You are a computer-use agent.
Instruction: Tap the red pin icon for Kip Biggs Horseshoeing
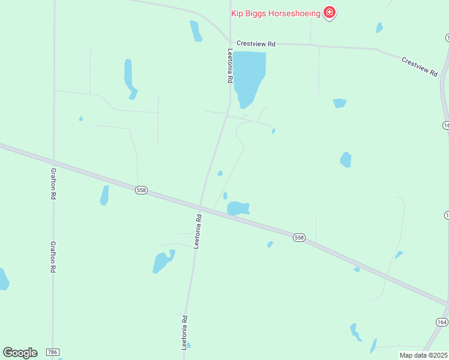[x=329, y=12]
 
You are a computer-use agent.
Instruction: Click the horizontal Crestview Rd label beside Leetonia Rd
[x=256, y=44]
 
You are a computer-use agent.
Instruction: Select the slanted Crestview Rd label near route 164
[x=420, y=66]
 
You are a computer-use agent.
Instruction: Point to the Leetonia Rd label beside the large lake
[x=229, y=67]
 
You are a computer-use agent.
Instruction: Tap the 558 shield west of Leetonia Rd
[x=141, y=190]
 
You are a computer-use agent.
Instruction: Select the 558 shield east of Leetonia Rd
[x=300, y=238]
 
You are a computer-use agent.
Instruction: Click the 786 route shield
[x=53, y=352]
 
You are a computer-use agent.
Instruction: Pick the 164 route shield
[x=442, y=322]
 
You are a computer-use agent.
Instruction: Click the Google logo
[x=20, y=352]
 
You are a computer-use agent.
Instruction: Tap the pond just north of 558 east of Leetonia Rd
[x=238, y=208]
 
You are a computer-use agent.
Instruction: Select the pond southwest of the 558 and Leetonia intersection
[x=162, y=262]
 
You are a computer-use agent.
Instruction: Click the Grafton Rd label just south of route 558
[x=53, y=257]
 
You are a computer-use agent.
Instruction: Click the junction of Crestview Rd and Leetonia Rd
[x=230, y=43]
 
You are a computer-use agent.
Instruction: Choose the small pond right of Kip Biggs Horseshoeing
[x=379, y=27]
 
